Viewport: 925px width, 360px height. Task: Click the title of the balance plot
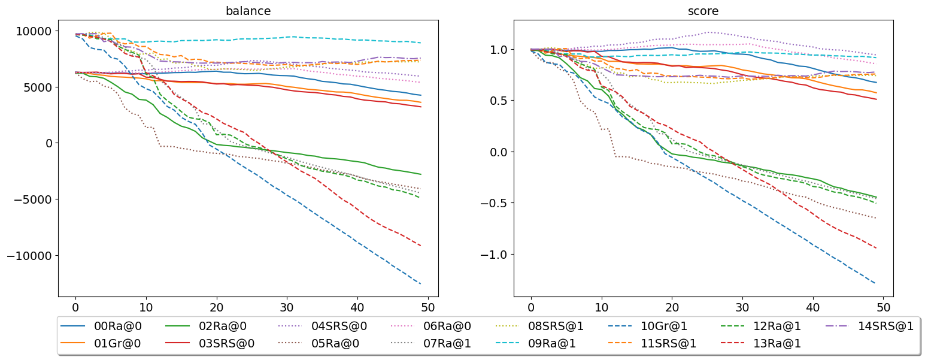[x=248, y=11]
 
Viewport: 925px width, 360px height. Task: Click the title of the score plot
[x=703, y=11]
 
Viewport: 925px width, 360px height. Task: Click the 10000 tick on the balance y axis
[x=34, y=31]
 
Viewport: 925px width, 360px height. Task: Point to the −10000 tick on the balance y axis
[x=29, y=256]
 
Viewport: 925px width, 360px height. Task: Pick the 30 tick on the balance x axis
[x=287, y=307]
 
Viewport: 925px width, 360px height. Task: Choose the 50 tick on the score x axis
[x=883, y=307]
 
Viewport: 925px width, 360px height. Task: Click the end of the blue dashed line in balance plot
[x=421, y=284]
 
